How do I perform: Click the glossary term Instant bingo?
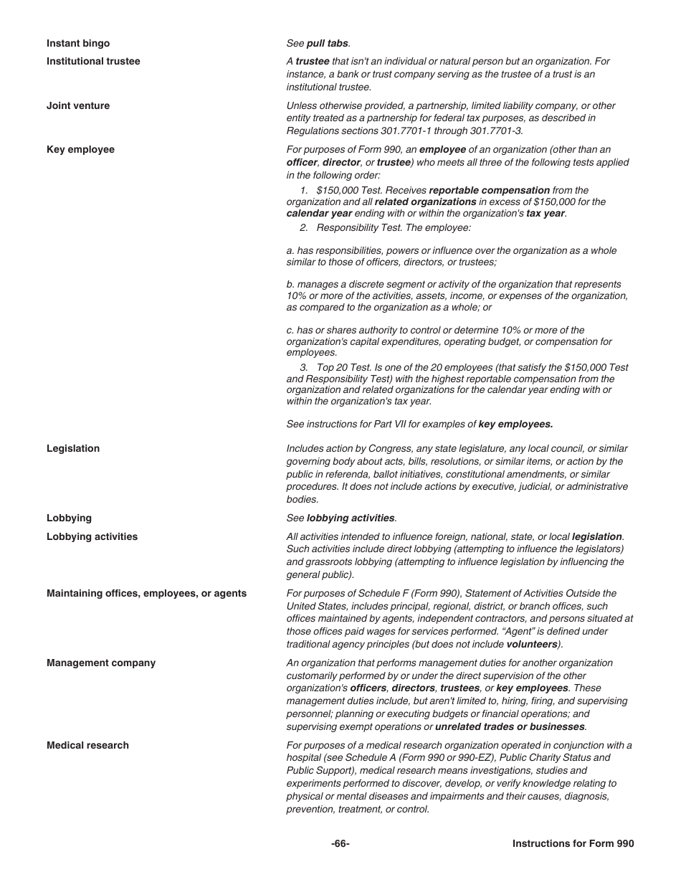coord(78,44)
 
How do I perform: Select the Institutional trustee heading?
coord(93,62)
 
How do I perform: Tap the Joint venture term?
coord(78,106)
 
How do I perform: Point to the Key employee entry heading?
coord(80,150)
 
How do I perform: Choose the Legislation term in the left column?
coord(73,449)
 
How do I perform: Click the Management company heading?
coord(101,663)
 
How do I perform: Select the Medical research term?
coord(87,746)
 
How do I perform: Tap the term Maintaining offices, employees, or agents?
coord(146,594)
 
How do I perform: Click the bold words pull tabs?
coord(327,44)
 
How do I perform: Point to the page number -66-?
coord(340,844)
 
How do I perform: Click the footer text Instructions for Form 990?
coord(573,844)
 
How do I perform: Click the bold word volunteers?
coord(531,645)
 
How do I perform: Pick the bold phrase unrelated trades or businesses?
coord(510,727)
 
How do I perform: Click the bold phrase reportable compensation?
coord(489,191)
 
